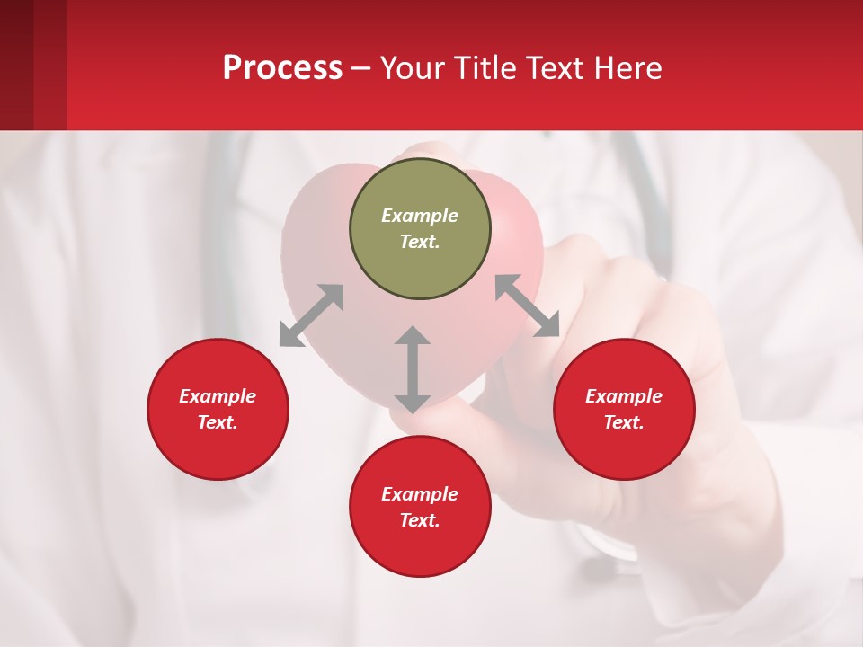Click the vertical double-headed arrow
413,369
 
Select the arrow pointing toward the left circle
311,315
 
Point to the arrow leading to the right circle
528,306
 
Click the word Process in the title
282,68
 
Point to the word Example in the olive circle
420,216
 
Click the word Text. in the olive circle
420,242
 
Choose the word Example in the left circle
218,396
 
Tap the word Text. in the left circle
218,422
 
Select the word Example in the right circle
624,396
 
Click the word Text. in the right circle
624,422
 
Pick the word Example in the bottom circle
420,494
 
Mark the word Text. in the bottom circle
420,520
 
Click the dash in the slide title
361,69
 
